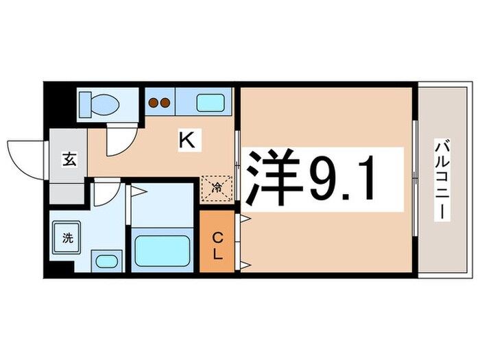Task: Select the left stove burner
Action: (x=154, y=104)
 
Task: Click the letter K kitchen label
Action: (x=186, y=141)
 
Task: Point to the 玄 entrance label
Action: (x=70, y=160)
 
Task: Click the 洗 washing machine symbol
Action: (x=67, y=237)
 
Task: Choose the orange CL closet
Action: (x=216, y=245)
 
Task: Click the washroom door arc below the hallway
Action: (x=104, y=194)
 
